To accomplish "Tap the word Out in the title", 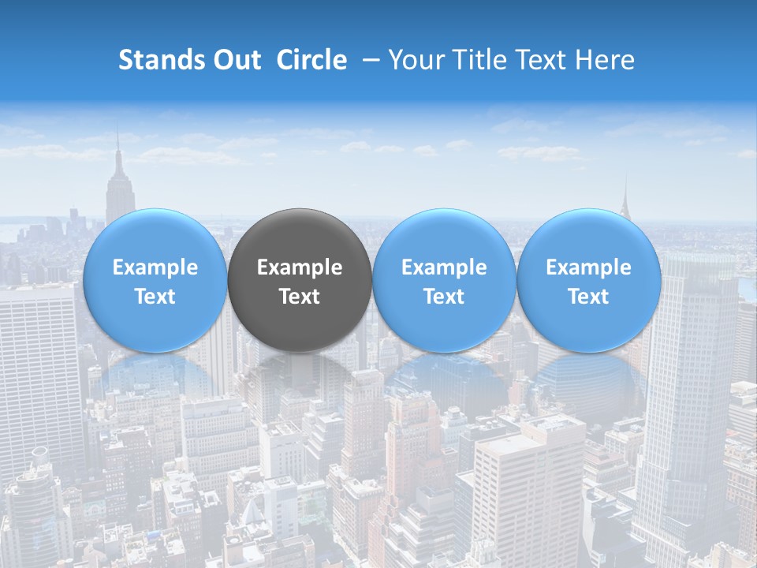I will [237, 60].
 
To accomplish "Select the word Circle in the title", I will [311, 60].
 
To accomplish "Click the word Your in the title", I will [416, 60].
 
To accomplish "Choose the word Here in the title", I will [605, 60].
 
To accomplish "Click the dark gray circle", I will [300, 280].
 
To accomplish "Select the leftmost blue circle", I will [155, 280].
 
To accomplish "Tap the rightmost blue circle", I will [589, 280].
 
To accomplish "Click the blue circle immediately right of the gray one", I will [444, 280].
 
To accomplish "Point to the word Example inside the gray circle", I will [300, 268].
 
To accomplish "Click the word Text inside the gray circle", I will [300, 297].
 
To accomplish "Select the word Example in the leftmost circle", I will [155, 268].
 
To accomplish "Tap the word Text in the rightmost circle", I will [589, 297].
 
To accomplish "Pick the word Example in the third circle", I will [444, 268].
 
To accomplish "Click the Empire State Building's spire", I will [117, 146].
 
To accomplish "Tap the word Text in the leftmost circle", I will [155, 297].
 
